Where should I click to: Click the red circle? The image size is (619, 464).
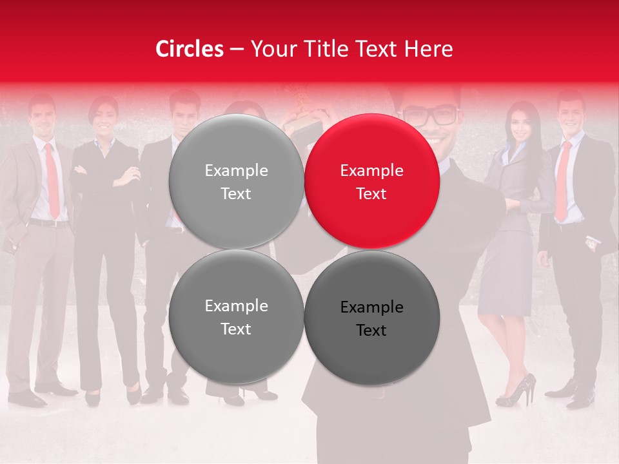(372, 181)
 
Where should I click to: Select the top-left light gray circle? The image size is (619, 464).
(236, 181)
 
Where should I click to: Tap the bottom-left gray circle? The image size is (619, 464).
(236, 316)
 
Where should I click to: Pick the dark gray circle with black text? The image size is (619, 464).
(372, 318)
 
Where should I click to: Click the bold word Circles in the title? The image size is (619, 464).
(190, 49)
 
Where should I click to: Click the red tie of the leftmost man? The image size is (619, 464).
(52, 181)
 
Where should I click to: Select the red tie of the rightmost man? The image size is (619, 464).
(563, 180)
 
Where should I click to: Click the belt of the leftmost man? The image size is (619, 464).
(49, 223)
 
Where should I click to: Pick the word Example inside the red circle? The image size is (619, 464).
(372, 170)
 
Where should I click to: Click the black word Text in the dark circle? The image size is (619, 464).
(371, 330)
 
